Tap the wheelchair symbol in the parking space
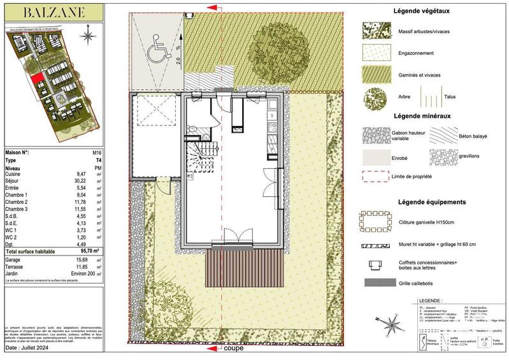coord(155,52)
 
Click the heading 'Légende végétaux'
coord(420,10)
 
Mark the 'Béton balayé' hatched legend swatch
coord(447,134)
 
